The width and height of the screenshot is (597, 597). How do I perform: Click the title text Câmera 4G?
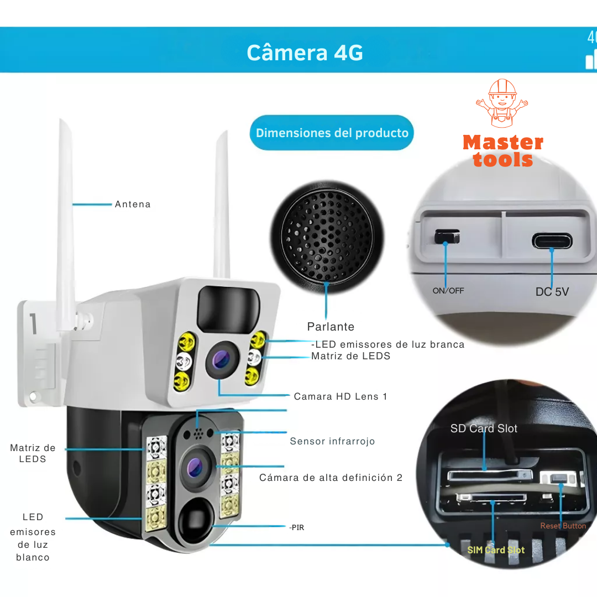(x=305, y=53)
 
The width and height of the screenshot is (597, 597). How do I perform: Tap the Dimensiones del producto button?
(x=332, y=133)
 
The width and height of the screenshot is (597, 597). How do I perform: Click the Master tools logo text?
(x=502, y=151)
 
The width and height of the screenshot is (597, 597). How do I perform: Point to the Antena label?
(x=133, y=205)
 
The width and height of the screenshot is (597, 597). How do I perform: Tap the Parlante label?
(x=331, y=327)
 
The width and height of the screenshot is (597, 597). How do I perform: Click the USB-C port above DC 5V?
(x=552, y=241)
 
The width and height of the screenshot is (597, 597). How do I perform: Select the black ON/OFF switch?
(x=447, y=237)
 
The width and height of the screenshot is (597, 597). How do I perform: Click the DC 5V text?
(x=552, y=292)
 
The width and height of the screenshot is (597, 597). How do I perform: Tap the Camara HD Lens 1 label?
(x=341, y=396)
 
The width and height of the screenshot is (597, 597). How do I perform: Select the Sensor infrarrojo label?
(x=332, y=441)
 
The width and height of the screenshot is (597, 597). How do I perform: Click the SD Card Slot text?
(x=484, y=428)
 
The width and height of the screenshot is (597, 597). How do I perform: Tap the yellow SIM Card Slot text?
(x=496, y=550)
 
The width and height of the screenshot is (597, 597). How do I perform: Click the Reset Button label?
(x=563, y=526)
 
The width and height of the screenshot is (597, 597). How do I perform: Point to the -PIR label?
(x=296, y=528)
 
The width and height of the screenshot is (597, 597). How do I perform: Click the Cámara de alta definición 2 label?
(x=331, y=478)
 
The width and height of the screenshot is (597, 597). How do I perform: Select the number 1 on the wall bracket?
(x=33, y=324)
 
